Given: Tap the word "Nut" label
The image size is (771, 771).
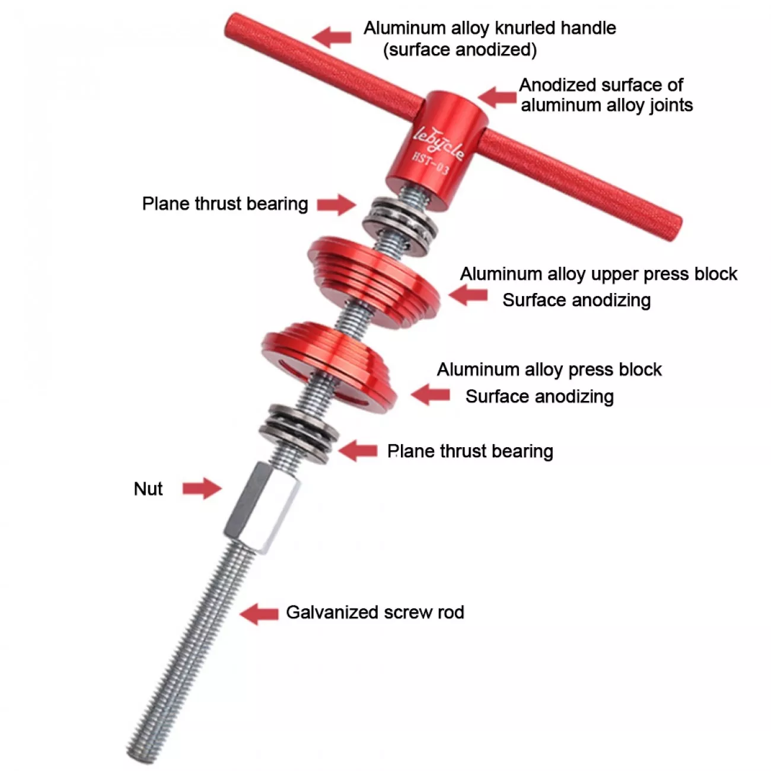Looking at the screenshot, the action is tap(148, 489).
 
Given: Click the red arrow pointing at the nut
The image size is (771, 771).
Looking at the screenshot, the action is tap(202, 488).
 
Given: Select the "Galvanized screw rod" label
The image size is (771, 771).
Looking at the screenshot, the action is tap(375, 612).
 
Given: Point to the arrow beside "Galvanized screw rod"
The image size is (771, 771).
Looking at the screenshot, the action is tap(259, 613).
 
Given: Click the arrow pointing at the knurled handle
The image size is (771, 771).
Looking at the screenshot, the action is tap(332, 37).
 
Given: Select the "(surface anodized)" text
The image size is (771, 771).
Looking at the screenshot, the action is tap(460, 50).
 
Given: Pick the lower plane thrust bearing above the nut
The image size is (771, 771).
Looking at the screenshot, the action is tap(299, 434).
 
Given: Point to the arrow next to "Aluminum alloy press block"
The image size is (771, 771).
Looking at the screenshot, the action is tap(430, 394).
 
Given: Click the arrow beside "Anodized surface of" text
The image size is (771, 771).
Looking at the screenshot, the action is tap(497, 97).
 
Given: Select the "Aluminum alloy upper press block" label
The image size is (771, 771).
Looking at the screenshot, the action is tap(598, 274).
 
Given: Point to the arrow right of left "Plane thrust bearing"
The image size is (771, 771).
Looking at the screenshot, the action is tap(336, 205).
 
